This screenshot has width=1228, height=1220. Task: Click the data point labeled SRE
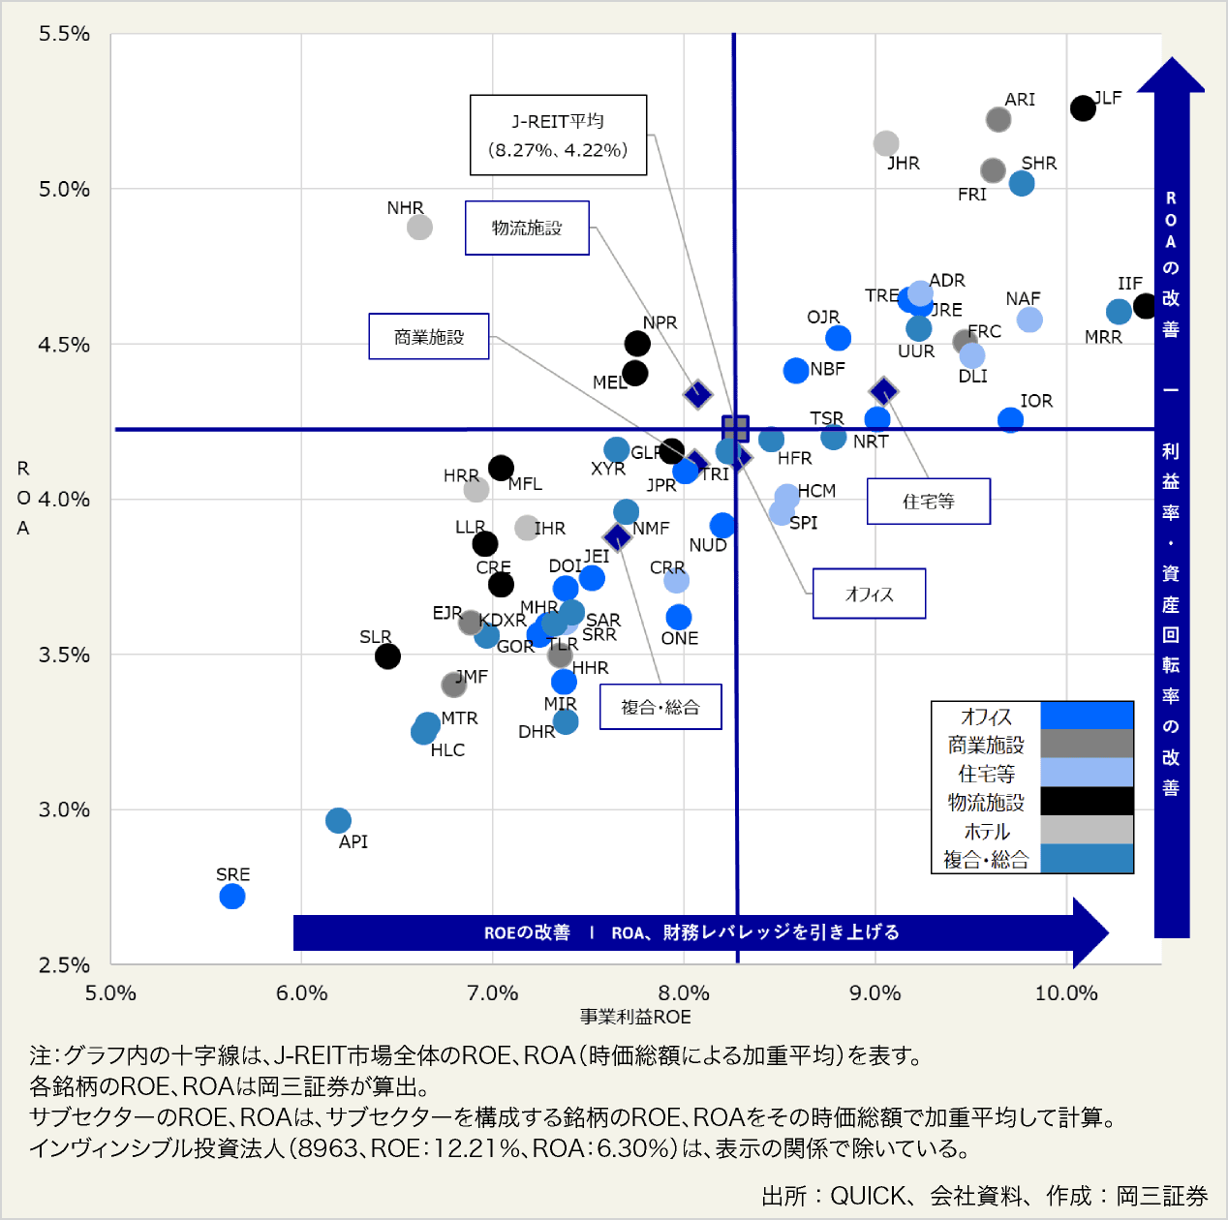[x=232, y=897]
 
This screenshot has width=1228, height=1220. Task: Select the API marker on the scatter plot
[x=338, y=821]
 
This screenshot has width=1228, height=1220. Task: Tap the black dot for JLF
[x=1083, y=108]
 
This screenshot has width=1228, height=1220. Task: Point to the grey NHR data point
[x=419, y=228]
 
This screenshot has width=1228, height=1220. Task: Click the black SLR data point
[x=387, y=656]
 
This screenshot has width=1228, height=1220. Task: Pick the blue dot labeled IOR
[x=1010, y=420]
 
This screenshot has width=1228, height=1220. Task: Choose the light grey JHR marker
[x=886, y=143]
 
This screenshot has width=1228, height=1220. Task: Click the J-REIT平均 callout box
[x=558, y=136]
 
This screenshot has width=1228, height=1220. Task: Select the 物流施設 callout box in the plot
[x=527, y=229]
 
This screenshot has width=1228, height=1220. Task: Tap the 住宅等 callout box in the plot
[x=928, y=502]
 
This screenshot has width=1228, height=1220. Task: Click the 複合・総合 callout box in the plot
[x=660, y=707]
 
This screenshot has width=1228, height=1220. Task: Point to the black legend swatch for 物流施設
[x=1087, y=802]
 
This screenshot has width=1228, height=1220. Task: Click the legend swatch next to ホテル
[x=1087, y=830]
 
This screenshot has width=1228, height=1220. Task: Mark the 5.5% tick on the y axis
[x=64, y=34]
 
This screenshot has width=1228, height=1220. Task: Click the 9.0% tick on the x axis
[x=875, y=992]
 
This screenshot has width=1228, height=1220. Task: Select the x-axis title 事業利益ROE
[x=635, y=1017]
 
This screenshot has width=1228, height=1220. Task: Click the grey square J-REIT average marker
[x=736, y=428]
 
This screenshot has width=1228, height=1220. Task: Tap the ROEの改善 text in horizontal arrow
[x=527, y=932]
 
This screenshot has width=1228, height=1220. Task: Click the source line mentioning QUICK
[x=984, y=1197]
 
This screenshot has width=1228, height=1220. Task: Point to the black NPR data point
[x=637, y=344]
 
